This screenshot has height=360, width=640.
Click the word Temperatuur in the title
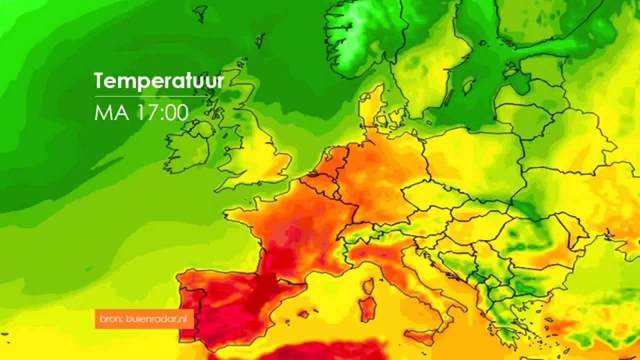(159, 80)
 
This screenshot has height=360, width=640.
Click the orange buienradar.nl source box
(144, 319)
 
